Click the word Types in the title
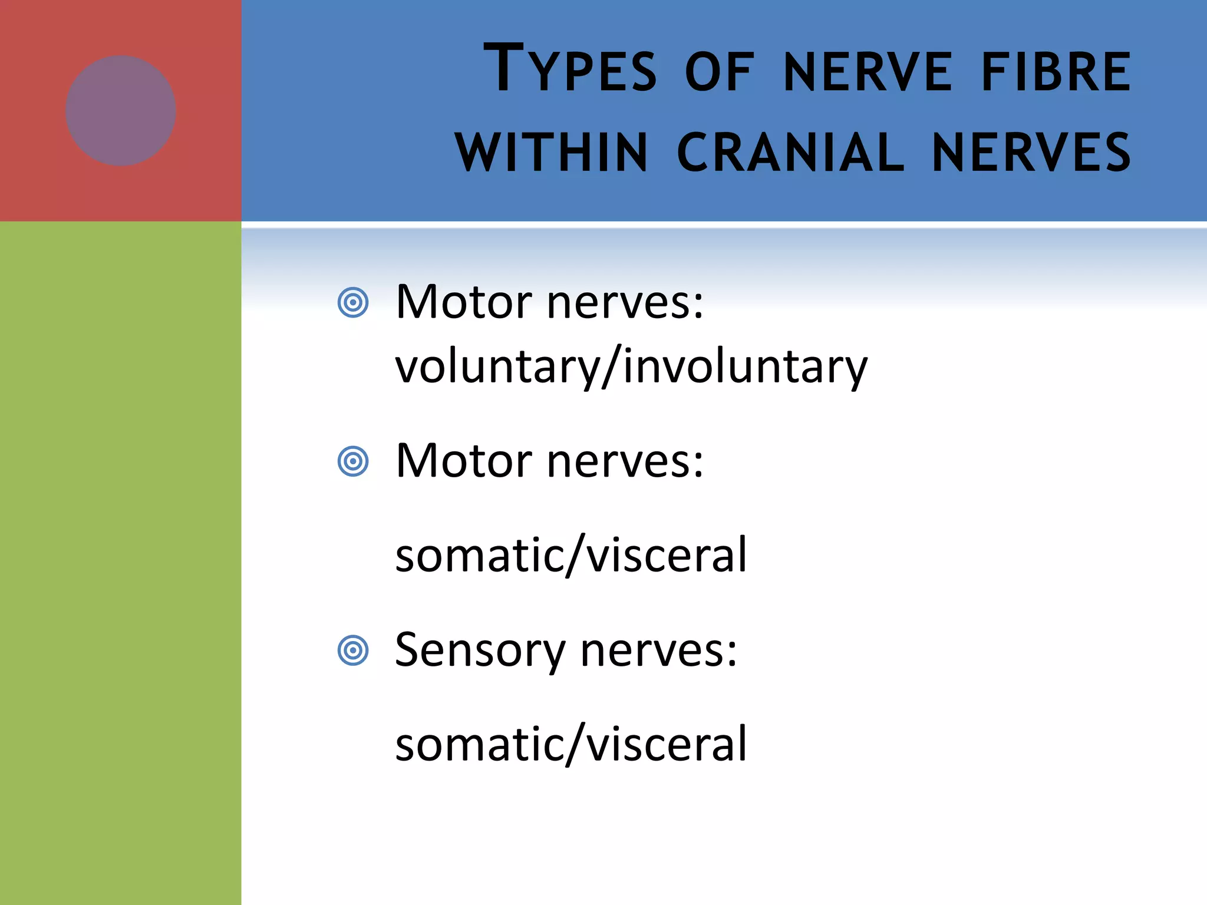point(569,70)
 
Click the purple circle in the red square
point(121,111)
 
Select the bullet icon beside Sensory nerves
point(353,650)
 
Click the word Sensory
point(480,650)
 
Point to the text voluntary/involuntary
point(631,366)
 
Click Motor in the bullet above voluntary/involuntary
point(464,302)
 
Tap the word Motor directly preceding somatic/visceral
point(464,461)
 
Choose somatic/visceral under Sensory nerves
point(570,744)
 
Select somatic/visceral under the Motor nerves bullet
point(570,555)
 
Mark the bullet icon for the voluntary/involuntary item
point(353,303)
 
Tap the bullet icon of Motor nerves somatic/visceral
point(353,461)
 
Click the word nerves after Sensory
point(658,650)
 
